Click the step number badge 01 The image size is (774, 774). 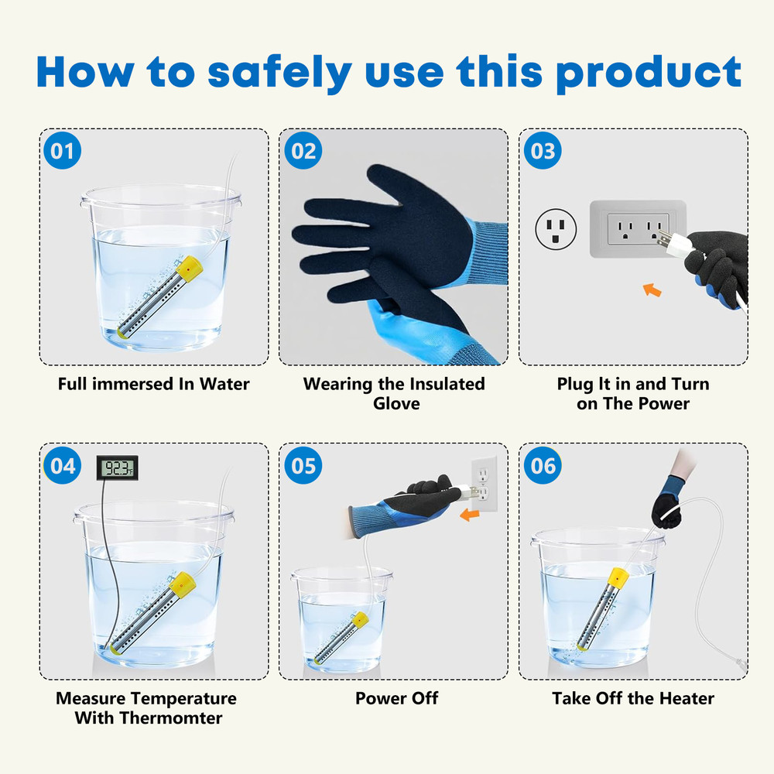62,151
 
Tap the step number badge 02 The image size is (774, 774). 303,151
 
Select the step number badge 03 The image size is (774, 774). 543,151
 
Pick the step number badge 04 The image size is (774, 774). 62,465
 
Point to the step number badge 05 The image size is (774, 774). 303,465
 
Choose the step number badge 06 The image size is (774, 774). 543,465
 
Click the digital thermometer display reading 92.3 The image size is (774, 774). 117,467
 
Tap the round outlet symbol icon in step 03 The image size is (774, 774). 556,229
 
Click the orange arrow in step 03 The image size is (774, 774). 652,289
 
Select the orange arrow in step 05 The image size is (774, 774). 470,515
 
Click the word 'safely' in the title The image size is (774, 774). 280,73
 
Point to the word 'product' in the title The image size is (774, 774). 649,73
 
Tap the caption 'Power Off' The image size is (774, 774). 396,698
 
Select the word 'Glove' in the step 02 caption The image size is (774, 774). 396,403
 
